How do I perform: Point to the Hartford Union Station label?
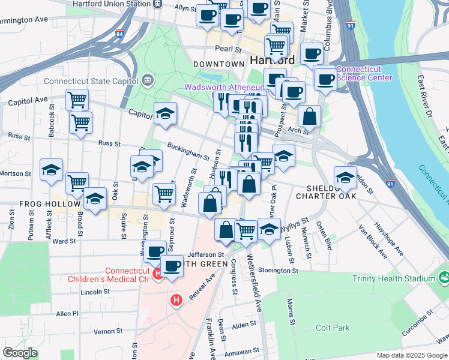pyautogui.click(x=112, y=4)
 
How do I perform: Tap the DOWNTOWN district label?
pyautogui.click(x=218, y=64)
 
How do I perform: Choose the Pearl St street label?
pyautogui.click(x=228, y=49)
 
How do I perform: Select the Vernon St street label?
pyautogui.click(x=107, y=331)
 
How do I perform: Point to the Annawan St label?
pyautogui.click(x=241, y=351)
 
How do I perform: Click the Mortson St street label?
pyautogui.click(x=14, y=173)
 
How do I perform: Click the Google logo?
pyautogui.click(x=20, y=353)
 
